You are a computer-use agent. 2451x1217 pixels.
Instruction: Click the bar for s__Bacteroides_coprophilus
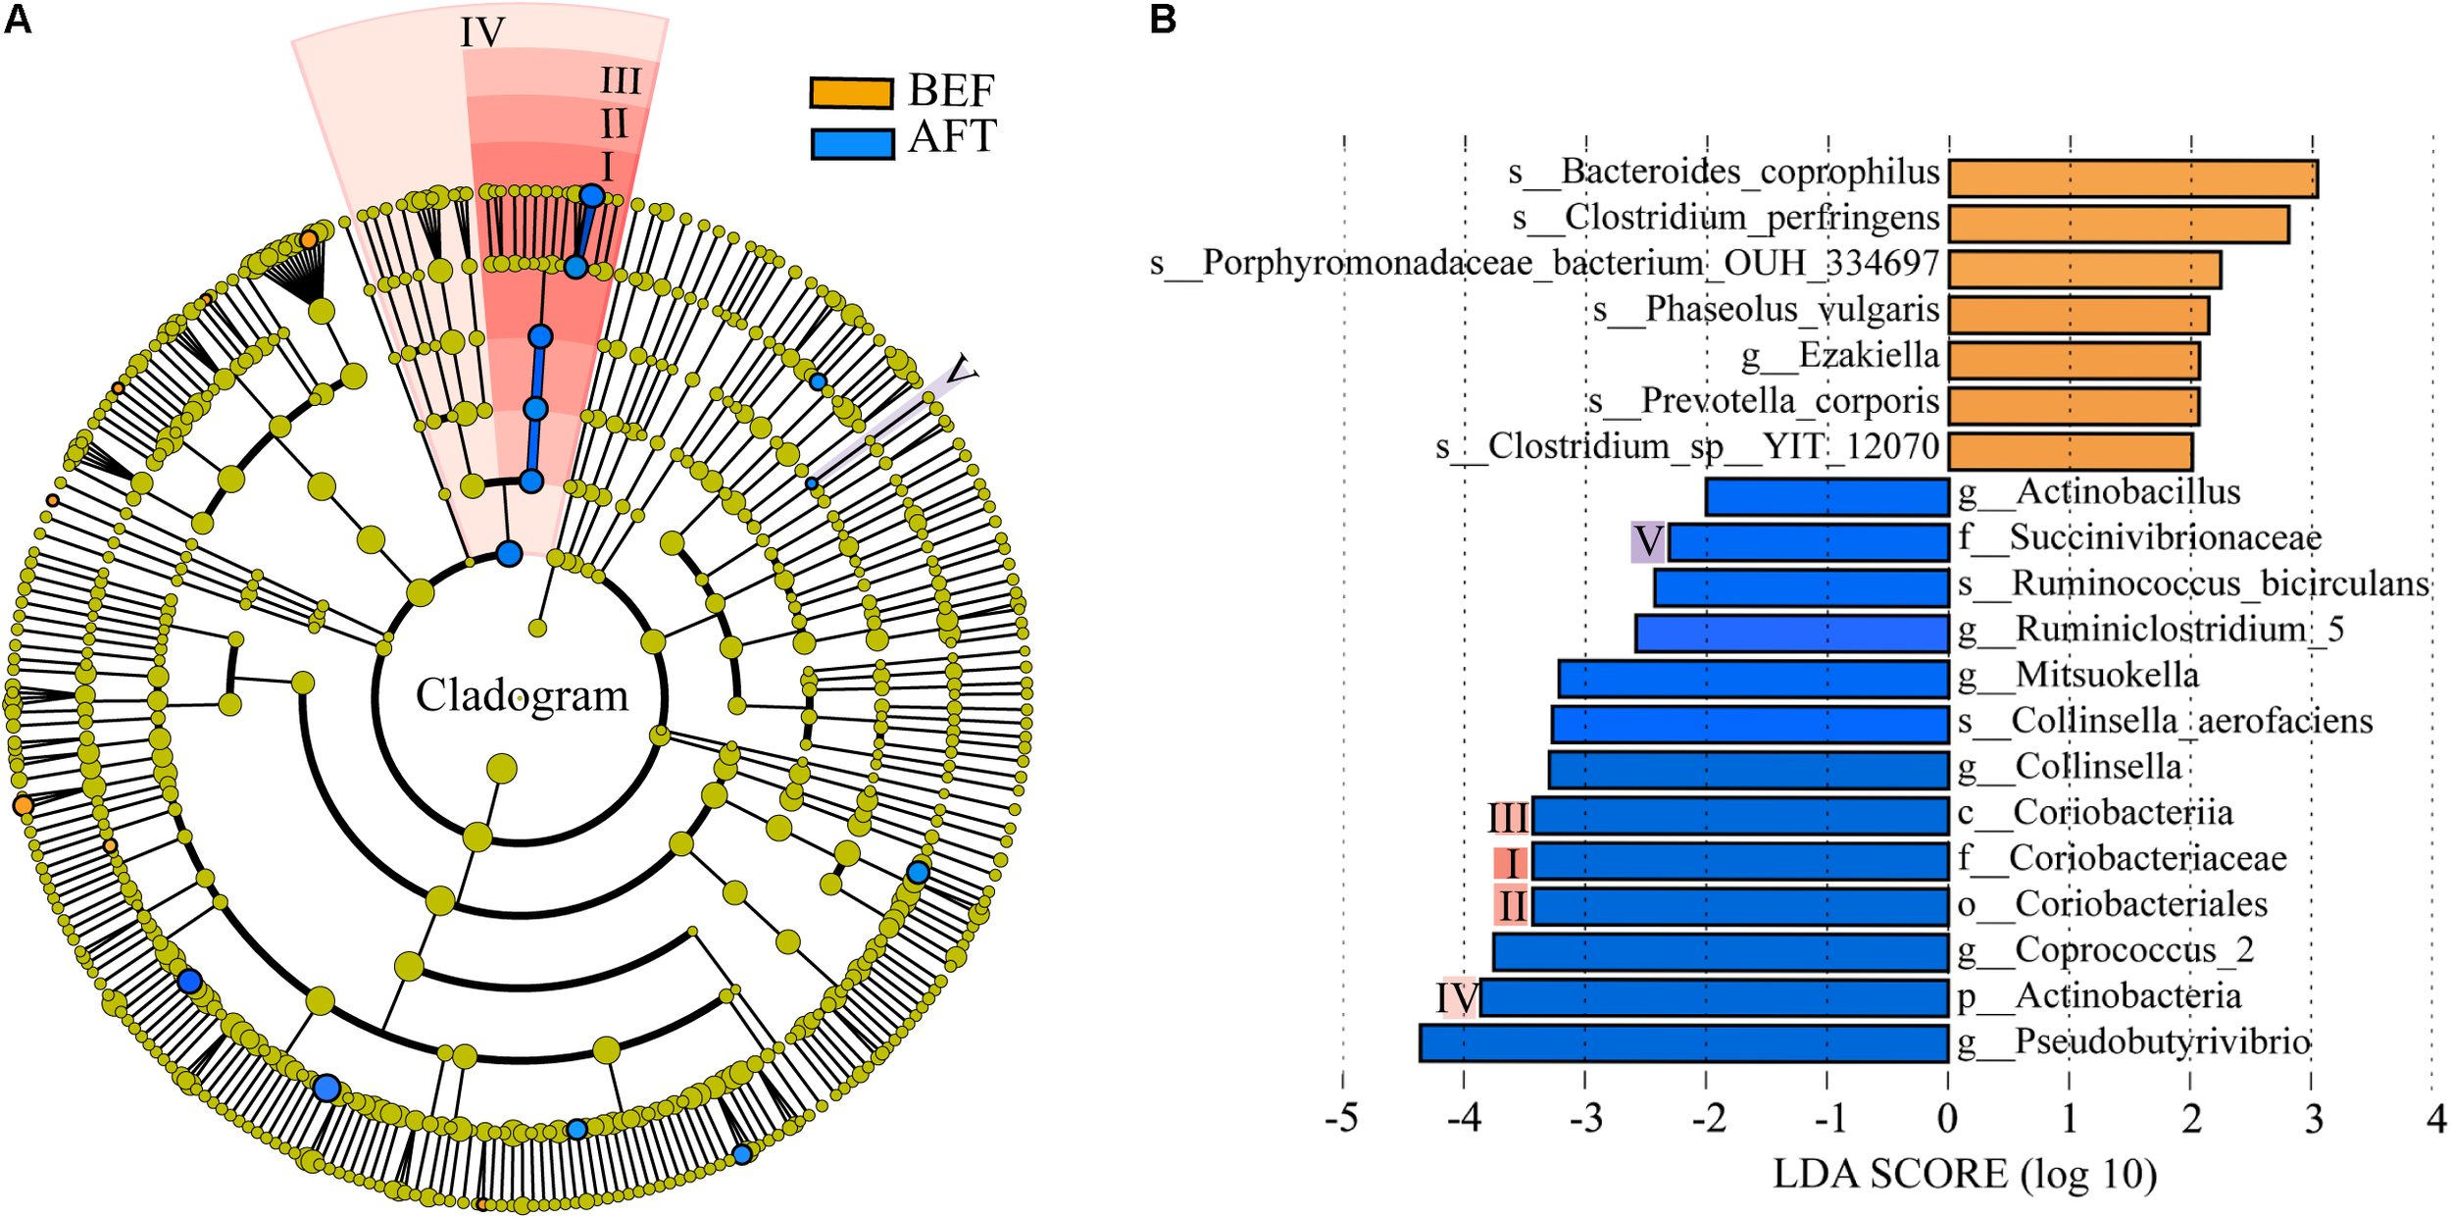pos(2132,178)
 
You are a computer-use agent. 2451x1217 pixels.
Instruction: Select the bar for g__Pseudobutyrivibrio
pos(1683,1042)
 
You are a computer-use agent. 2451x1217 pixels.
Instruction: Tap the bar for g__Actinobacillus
pos(1826,496)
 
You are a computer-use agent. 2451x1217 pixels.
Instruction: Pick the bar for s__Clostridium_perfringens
pos(2118,224)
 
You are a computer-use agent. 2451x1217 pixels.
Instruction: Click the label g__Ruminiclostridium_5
pos(2150,629)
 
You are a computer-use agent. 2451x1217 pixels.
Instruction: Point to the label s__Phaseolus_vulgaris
pos(1766,309)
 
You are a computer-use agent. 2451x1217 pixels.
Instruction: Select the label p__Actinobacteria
pos(2099,996)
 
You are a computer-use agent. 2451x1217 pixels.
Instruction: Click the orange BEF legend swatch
pos(850,92)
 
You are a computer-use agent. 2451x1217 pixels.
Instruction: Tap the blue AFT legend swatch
pos(852,143)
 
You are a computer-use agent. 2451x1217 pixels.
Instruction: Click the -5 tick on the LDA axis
pos(1341,1118)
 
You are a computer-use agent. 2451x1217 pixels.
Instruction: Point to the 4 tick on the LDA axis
pos(2435,1118)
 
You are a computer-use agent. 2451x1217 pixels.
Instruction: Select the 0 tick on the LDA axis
pos(1947,1118)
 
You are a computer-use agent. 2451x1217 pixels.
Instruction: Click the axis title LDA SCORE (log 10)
pos(1965,1174)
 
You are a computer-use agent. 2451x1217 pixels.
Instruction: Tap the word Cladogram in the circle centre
pos(522,695)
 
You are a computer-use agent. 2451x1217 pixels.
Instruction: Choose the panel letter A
pos(18,19)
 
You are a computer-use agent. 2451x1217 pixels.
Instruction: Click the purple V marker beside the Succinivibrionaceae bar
pos(1647,541)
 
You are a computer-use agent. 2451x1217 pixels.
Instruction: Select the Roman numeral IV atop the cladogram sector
pos(482,33)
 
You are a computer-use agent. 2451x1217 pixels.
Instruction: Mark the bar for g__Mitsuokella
pos(1753,679)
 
